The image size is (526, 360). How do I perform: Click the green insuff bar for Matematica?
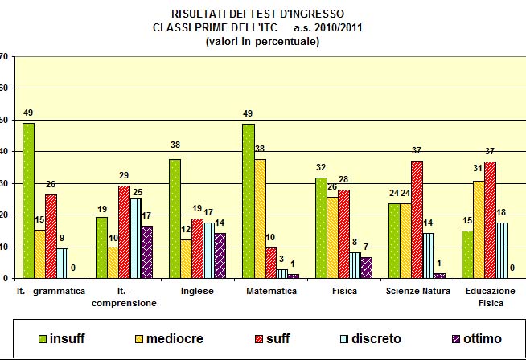(x=249, y=201)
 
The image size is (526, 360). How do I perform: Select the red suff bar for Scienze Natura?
(x=417, y=219)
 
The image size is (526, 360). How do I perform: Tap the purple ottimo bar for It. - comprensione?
(x=147, y=252)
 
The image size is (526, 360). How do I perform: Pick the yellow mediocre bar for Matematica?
(x=260, y=219)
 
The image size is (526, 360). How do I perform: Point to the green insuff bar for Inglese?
(x=175, y=219)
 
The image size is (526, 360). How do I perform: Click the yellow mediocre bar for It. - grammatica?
(x=39, y=254)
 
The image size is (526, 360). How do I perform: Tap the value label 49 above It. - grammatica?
(x=28, y=113)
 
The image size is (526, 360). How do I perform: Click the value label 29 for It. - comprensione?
(x=124, y=176)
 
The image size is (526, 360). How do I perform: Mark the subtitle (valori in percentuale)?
(x=263, y=41)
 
